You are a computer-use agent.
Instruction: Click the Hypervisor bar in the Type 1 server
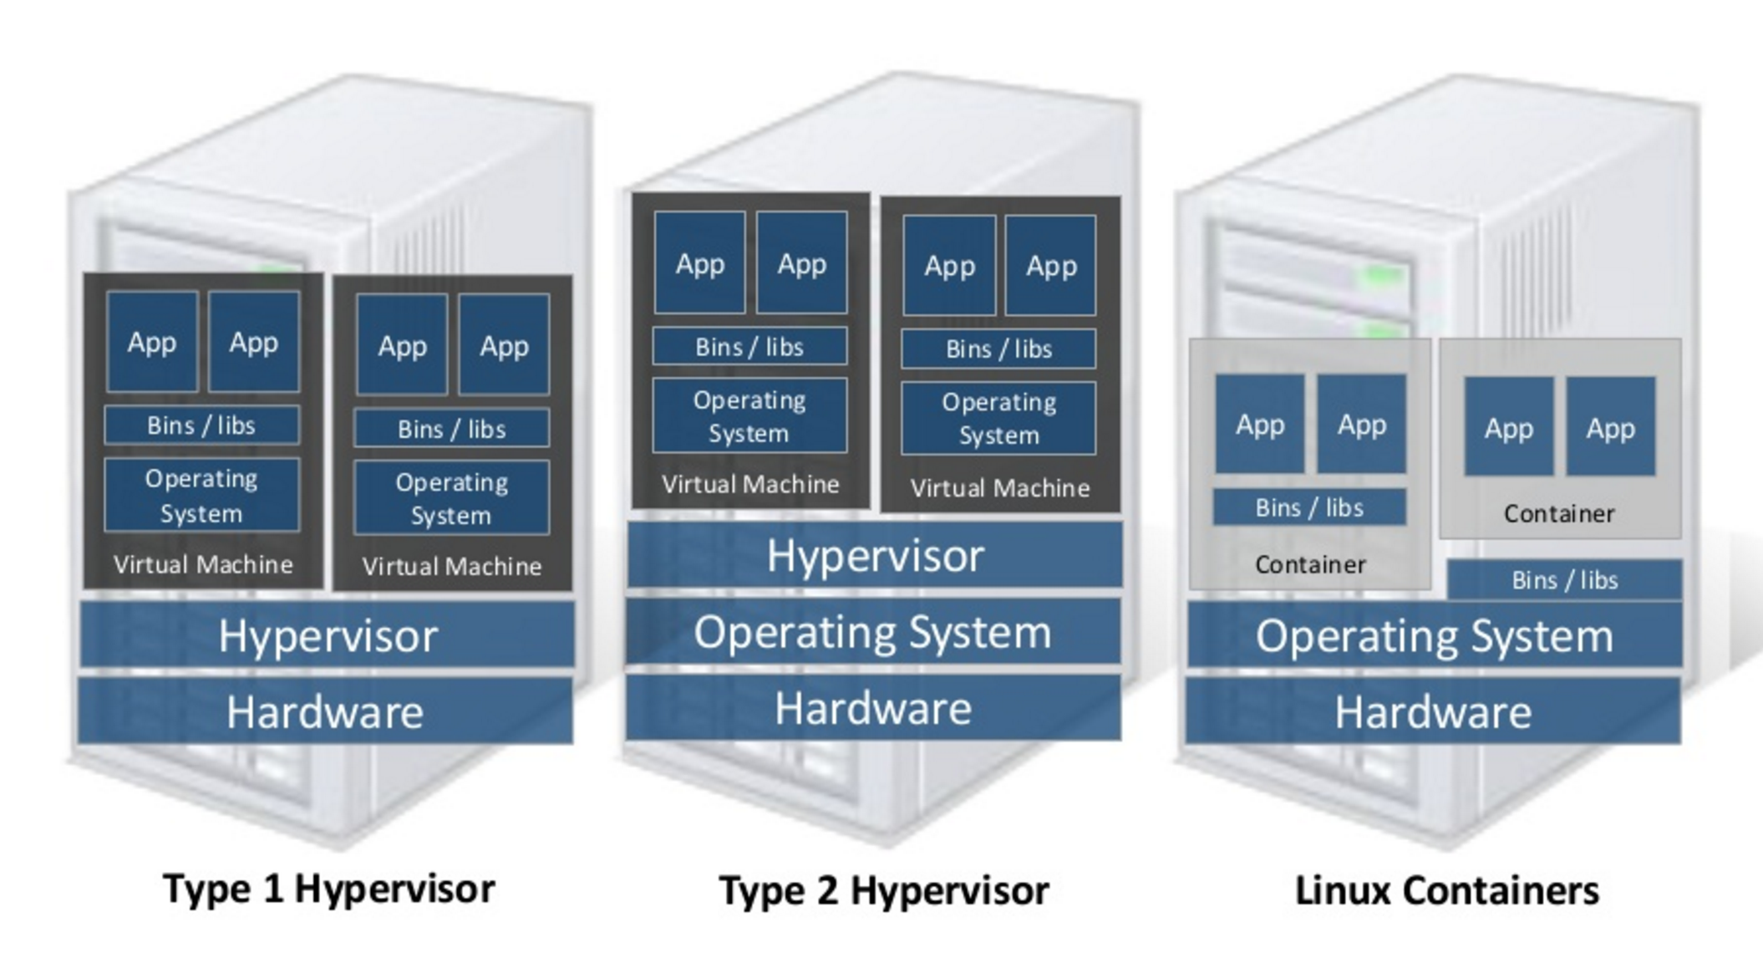pos(327,634)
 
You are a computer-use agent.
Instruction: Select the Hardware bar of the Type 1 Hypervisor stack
pos(326,711)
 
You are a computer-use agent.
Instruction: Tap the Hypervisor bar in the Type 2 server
pos(875,555)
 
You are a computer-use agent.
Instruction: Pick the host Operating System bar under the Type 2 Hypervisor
pos(873,631)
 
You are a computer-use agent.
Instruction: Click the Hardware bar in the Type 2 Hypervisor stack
pos(873,708)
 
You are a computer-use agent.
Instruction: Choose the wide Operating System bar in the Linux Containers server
pos(1434,635)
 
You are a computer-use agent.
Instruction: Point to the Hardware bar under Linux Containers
pos(1433,711)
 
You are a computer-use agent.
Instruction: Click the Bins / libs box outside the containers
pos(1564,579)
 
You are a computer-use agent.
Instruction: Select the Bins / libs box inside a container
pos(1309,507)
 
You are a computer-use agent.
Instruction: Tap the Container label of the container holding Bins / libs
pos(1310,565)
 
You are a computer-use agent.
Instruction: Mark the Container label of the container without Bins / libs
pos(1559,513)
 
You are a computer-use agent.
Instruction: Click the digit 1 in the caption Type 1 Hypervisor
pos(272,888)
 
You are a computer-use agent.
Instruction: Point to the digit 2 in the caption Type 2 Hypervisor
pos(827,890)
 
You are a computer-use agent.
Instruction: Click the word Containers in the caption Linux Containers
pos(1501,890)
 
